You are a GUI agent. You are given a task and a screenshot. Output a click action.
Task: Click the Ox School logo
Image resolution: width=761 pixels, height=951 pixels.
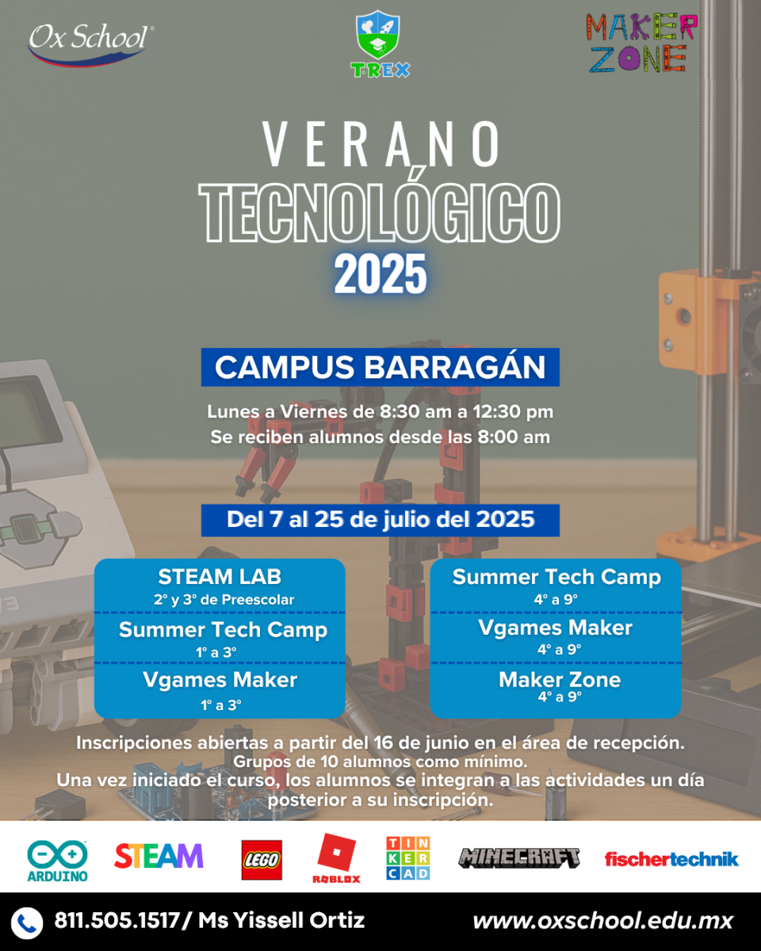point(90,44)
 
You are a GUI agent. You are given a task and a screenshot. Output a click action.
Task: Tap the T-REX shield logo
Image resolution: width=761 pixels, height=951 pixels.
point(380,44)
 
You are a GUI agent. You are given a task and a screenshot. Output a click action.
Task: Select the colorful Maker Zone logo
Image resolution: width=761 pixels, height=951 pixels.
point(641,43)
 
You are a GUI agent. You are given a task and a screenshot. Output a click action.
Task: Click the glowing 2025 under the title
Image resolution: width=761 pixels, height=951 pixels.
point(380,274)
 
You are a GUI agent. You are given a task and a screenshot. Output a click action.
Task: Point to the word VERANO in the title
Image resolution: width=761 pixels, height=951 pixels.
point(381,144)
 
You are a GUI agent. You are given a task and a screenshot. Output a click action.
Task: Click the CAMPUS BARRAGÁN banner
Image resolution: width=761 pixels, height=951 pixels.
point(380,367)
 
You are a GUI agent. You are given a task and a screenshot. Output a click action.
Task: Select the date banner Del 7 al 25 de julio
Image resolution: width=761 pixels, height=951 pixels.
point(380,520)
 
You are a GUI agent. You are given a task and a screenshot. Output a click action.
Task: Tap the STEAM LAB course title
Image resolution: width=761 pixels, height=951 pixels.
point(220,577)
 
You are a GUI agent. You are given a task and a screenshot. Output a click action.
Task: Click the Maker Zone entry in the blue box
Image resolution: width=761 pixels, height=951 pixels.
point(560,680)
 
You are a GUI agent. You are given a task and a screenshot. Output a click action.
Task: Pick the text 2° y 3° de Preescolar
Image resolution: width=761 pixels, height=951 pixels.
point(224,600)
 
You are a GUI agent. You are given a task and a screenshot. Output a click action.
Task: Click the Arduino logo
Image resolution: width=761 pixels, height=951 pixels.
point(57,861)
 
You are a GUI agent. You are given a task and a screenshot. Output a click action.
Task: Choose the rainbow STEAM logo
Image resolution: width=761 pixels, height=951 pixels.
point(159,856)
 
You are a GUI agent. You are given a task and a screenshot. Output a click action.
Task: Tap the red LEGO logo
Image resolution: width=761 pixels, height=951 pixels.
point(262,860)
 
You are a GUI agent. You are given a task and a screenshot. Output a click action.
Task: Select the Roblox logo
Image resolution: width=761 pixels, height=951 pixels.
point(336,858)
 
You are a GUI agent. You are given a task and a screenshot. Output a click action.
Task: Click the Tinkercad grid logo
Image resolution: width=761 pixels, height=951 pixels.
point(407,858)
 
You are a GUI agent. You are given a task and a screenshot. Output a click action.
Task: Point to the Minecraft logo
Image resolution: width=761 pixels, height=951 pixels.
point(519,858)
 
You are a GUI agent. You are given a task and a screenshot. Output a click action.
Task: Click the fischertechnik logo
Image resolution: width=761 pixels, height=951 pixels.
point(671,859)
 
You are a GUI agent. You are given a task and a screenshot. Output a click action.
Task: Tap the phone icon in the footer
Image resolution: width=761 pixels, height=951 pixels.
point(27,923)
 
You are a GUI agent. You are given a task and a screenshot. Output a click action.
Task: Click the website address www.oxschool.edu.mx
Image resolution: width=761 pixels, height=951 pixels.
point(602,922)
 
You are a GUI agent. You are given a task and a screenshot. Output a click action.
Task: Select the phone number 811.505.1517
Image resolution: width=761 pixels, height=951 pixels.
point(117,921)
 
